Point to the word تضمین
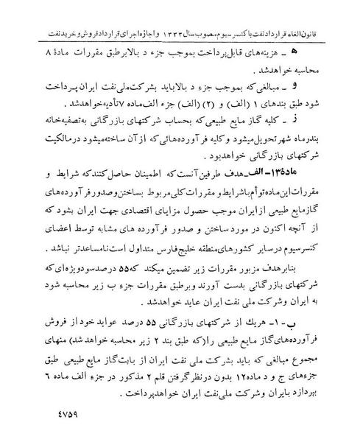pos(193,268)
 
